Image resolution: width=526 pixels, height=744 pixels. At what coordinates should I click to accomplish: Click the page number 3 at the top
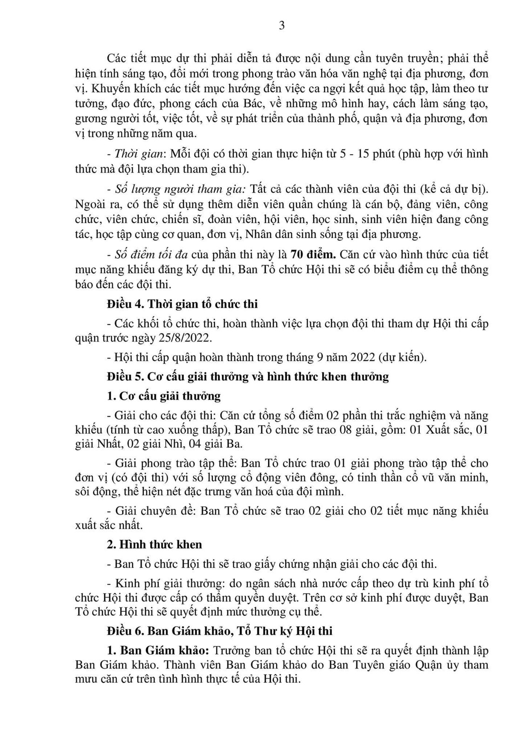click(x=281, y=26)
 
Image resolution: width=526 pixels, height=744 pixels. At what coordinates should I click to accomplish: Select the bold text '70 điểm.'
click(x=313, y=255)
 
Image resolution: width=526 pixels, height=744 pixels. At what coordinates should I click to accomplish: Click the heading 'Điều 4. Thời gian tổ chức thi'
click(x=182, y=304)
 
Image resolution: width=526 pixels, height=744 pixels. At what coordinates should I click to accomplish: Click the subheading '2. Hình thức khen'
click(x=155, y=544)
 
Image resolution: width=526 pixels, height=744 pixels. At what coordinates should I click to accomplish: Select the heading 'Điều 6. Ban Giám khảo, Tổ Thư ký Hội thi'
click(x=220, y=631)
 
